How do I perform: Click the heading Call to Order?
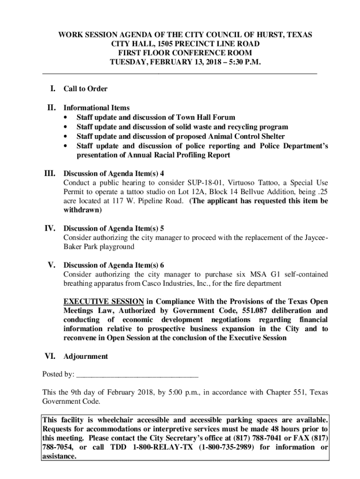pyautogui.click(x=86, y=89)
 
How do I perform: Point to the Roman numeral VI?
pyautogui.click(x=50, y=356)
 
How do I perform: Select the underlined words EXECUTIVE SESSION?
pyautogui.click(x=104, y=301)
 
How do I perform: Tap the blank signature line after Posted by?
pyautogui.click(x=137, y=374)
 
